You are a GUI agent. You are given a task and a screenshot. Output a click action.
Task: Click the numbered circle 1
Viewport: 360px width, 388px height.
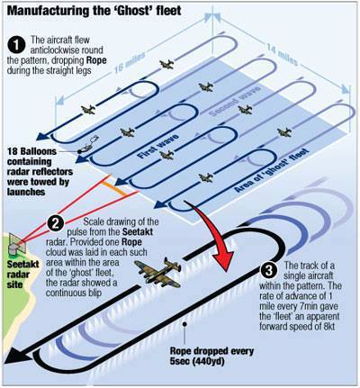16,45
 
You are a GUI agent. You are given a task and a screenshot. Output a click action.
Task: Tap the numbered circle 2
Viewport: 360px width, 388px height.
56,223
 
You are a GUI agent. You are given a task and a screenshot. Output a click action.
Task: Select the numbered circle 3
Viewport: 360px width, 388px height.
269,270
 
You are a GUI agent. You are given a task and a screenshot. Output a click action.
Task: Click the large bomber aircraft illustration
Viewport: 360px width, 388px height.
158,271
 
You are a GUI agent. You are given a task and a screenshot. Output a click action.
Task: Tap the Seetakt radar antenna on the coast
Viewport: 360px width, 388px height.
15,244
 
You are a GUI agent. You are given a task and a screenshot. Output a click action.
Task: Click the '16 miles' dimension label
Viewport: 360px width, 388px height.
130,62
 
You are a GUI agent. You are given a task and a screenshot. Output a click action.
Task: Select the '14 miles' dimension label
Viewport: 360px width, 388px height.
283,54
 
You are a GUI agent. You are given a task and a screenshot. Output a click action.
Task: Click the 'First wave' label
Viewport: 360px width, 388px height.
158,146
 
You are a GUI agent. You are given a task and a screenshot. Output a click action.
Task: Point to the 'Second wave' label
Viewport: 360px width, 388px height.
235,101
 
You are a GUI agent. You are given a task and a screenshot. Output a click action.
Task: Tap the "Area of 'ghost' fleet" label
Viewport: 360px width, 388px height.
272,170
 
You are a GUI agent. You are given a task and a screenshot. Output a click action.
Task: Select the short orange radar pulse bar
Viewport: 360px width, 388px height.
115,188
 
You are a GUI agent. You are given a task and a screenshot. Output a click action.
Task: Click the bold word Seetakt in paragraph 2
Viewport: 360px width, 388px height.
138,231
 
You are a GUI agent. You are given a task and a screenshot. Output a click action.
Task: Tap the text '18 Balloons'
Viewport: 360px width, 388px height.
31,151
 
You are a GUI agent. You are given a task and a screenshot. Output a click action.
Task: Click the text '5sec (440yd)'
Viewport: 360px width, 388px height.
197,361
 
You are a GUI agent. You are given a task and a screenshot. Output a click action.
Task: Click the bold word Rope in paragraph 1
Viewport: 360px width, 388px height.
96,60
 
